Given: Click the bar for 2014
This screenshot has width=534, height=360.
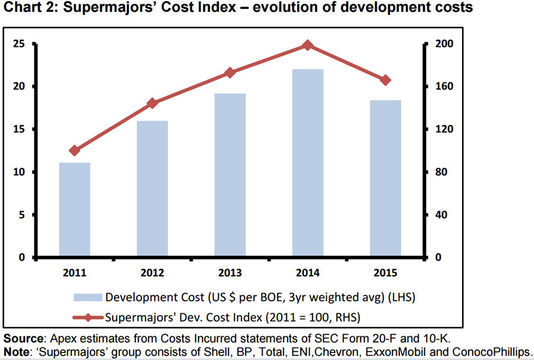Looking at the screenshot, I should (x=307, y=163).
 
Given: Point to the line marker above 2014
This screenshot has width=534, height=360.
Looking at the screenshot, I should (x=307, y=45).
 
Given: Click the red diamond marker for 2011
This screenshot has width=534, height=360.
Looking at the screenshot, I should (x=75, y=151).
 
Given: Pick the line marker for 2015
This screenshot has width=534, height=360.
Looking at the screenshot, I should (x=385, y=80).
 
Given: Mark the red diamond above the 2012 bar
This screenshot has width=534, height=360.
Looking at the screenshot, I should (x=152, y=103).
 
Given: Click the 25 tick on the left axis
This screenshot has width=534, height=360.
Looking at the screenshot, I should (x=19, y=44).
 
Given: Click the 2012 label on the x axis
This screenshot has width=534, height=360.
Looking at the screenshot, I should (x=152, y=273).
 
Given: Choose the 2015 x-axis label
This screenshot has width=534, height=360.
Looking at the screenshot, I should (x=385, y=273).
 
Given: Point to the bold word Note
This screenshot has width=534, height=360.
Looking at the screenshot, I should (x=16, y=352).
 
